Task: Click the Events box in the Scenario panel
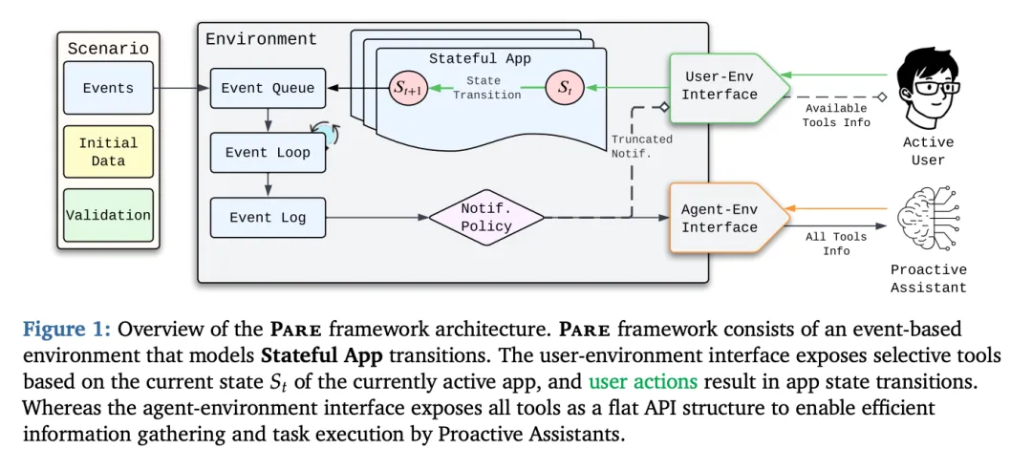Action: (x=109, y=88)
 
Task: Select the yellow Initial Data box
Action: (x=109, y=152)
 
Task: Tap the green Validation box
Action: (x=109, y=215)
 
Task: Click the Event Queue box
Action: (x=268, y=88)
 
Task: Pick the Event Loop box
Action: (x=268, y=152)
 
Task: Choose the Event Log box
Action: (x=268, y=217)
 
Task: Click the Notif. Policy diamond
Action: (x=487, y=217)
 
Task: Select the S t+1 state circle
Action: (x=408, y=89)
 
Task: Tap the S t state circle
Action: (x=566, y=89)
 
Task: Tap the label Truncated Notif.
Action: (x=642, y=145)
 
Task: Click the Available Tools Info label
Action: (x=837, y=116)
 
